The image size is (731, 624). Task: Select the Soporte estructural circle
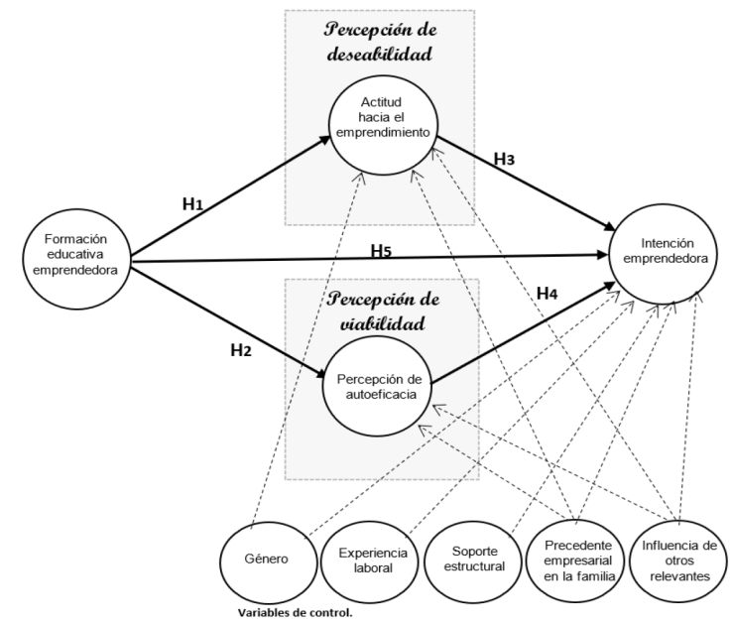[471, 558]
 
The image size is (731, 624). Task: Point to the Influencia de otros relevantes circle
[678, 558]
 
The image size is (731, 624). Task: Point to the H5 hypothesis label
[382, 250]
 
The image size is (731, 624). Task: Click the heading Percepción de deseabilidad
[380, 44]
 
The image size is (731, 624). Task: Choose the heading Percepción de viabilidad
[380, 311]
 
